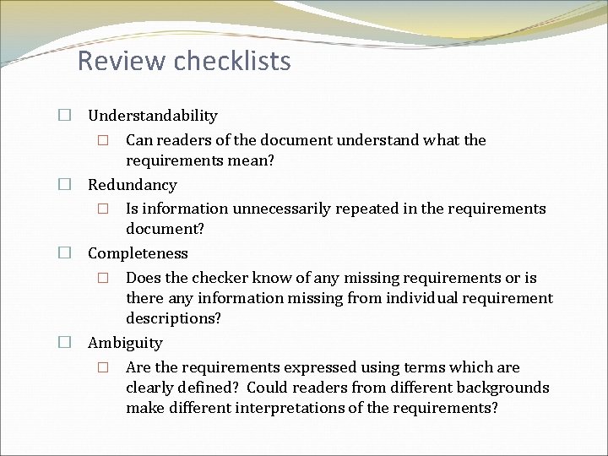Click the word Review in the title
119,61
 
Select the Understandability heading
153,116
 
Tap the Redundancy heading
133,184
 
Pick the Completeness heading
138,253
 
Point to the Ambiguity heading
125,343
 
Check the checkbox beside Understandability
64,116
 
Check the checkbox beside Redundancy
64,184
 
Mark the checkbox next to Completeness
64,253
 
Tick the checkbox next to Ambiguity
64,343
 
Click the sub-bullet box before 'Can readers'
102,140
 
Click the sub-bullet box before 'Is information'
102,209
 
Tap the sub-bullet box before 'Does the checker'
102,278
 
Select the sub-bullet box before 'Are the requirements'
102,367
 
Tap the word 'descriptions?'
174,318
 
